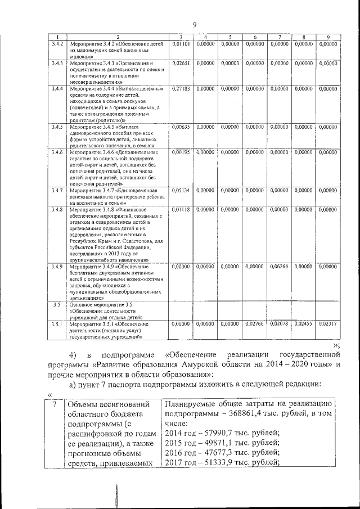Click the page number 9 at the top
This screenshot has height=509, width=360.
pos(194,24)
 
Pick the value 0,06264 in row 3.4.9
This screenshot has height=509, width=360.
pos(279,266)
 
